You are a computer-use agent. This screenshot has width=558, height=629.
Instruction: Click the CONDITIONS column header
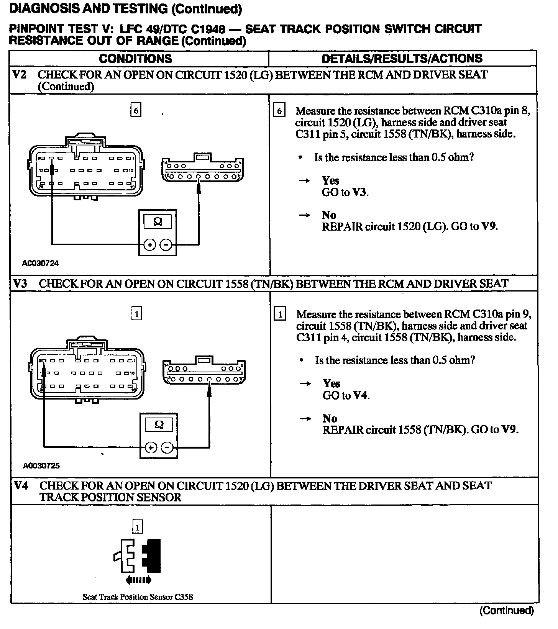[x=135, y=59]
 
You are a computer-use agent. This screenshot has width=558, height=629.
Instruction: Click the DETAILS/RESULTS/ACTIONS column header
[x=402, y=59]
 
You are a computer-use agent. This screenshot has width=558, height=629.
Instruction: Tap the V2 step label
[x=20, y=74]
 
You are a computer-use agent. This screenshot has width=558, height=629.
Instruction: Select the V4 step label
[x=21, y=486]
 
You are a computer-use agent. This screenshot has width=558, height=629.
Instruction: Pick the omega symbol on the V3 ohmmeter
[x=159, y=424]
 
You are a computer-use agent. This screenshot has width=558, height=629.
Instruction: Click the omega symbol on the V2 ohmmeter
[x=158, y=221]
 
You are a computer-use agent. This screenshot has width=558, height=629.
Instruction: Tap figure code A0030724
[x=40, y=264]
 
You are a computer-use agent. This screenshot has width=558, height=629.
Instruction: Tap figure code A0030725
[x=41, y=466]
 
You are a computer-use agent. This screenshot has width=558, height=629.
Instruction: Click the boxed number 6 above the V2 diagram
[x=136, y=111]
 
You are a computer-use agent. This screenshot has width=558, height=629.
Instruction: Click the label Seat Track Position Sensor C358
[x=138, y=597]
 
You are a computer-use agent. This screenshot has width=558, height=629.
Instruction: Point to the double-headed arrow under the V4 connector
[x=138, y=580]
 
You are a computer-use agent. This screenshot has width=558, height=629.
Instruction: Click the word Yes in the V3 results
[x=332, y=383]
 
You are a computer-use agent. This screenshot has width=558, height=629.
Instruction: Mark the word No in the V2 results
[x=329, y=215]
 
